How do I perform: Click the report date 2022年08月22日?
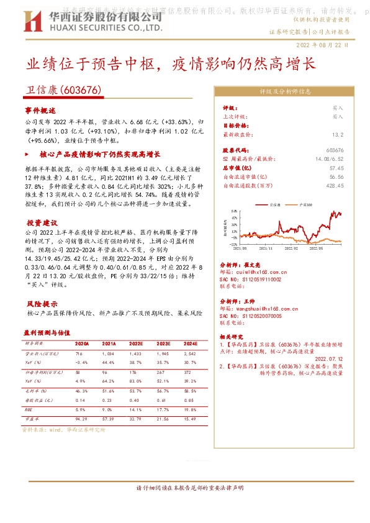tap(327, 45)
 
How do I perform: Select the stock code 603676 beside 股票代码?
tap(334, 151)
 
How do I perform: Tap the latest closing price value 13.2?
tap(337, 134)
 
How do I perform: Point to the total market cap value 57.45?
tap(336, 168)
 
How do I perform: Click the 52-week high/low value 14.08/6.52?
tap(330, 160)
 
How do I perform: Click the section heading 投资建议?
tap(42, 222)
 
